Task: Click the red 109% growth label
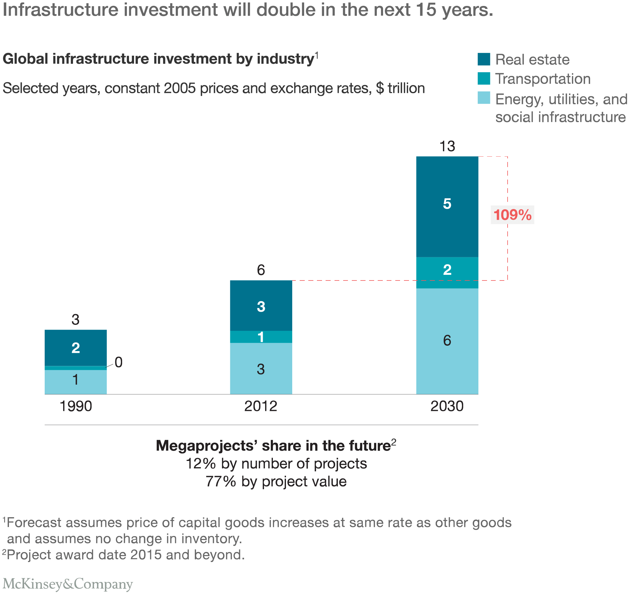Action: click(512, 215)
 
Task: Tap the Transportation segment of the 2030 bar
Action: click(447, 272)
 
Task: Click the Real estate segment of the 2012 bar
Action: click(261, 305)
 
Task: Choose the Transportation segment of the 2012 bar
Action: click(261, 337)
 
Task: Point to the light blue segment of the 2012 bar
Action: click(261, 369)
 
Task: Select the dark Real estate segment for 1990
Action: click(75, 347)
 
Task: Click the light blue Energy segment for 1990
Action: click(75, 382)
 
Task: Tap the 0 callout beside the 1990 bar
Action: click(119, 362)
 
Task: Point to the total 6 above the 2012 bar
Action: click(261, 270)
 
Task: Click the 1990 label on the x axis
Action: click(76, 406)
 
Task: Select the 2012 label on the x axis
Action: click(261, 406)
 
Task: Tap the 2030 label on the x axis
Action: click(447, 406)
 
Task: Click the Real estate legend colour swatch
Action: click(484, 59)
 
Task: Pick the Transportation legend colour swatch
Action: click(484, 78)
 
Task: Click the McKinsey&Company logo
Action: click(68, 584)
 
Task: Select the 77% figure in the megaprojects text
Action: click(220, 481)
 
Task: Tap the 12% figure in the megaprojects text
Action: click(200, 464)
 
